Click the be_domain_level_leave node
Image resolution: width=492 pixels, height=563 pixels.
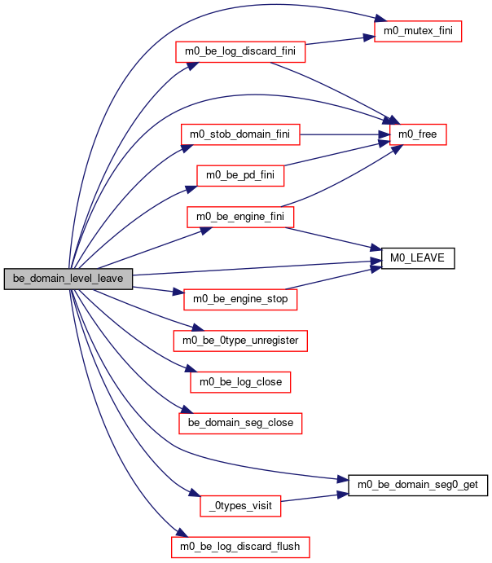[x=68, y=279]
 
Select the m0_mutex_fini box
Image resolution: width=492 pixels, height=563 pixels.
[x=418, y=31]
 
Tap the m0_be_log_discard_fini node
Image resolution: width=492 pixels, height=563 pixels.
[x=240, y=51]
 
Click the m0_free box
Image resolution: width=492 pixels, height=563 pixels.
[x=418, y=134]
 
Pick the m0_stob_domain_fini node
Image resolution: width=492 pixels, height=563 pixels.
[x=240, y=134]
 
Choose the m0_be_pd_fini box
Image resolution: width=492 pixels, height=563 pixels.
[x=240, y=175]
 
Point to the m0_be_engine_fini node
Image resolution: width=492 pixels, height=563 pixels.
[x=240, y=217]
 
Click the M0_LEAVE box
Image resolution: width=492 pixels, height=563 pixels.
[x=418, y=258]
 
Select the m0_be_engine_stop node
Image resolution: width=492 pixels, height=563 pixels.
[x=240, y=300]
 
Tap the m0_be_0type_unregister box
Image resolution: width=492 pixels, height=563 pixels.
[x=240, y=341]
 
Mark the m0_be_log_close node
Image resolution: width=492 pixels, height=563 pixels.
[x=240, y=382]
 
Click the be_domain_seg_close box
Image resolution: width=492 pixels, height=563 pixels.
[x=240, y=424]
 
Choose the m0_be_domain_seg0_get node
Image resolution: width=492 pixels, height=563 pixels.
[x=418, y=486]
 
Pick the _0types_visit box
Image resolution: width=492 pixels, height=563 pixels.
[x=240, y=506]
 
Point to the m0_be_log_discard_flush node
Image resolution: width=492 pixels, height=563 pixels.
[x=240, y=548]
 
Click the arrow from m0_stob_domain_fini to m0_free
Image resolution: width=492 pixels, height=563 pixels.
[x=345, y=134]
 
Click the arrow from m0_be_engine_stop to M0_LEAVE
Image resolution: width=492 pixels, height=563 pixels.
[x=334, y=279]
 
